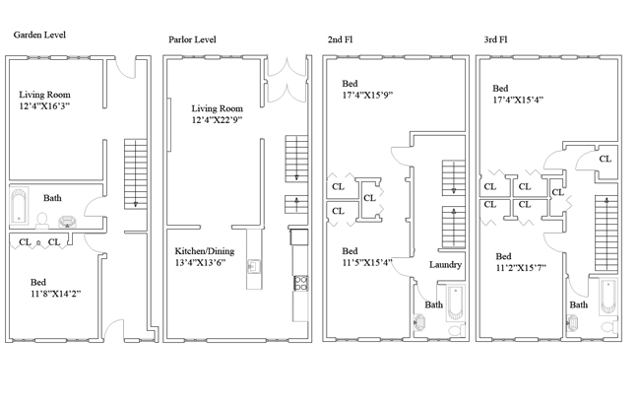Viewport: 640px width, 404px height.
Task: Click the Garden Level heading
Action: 38,34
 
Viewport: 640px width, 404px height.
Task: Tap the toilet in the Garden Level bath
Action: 42,219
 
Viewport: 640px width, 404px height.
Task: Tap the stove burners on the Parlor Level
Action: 299,286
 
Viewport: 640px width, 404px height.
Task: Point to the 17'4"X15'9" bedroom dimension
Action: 366,95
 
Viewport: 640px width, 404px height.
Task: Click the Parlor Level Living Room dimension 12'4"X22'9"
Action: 218,120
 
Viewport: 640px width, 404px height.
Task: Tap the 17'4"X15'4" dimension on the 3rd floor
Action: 520,99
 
